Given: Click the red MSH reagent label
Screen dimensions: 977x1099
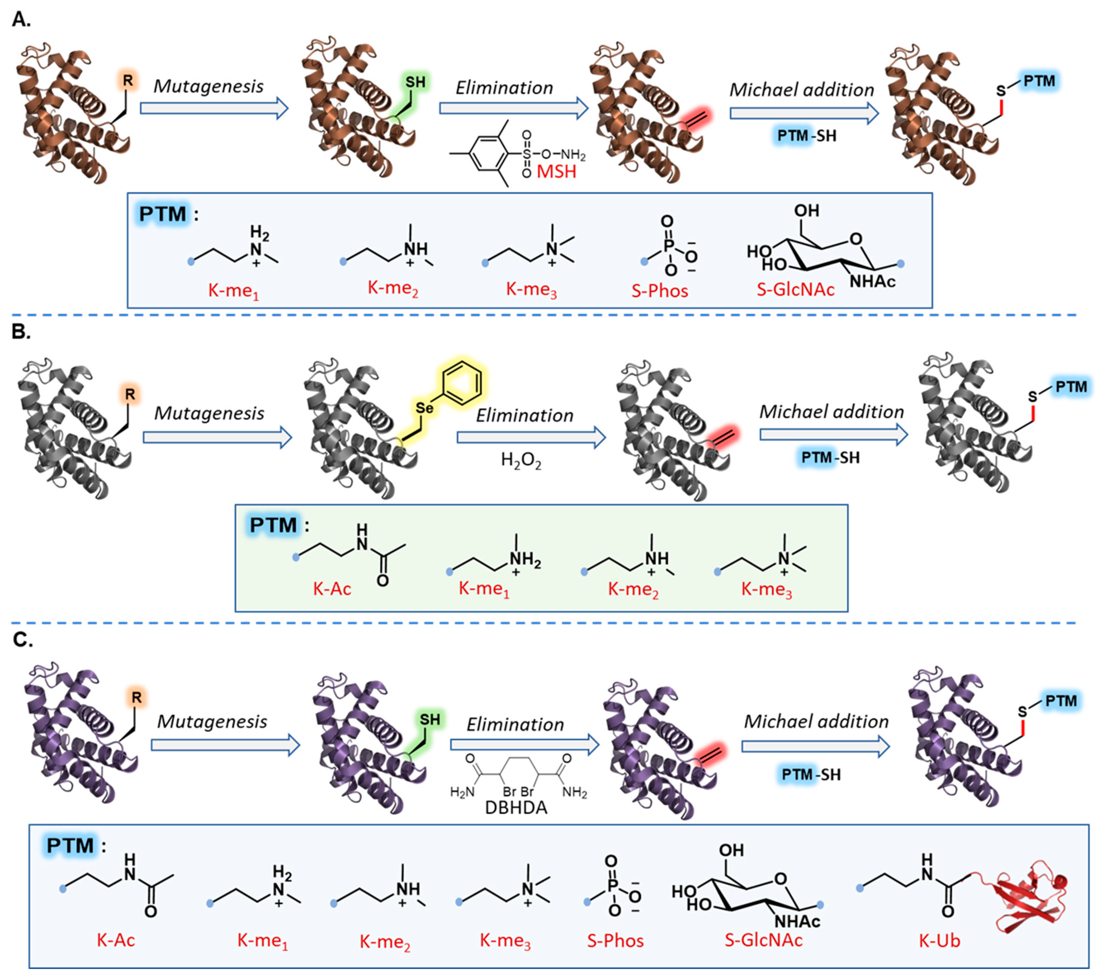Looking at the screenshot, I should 556,172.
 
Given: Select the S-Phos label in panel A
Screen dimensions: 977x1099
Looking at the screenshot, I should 660,290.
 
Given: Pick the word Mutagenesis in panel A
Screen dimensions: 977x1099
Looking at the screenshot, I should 208,86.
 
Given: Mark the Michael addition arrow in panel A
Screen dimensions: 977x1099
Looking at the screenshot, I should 804,113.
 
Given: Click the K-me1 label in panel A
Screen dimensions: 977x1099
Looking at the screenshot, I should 233,291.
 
